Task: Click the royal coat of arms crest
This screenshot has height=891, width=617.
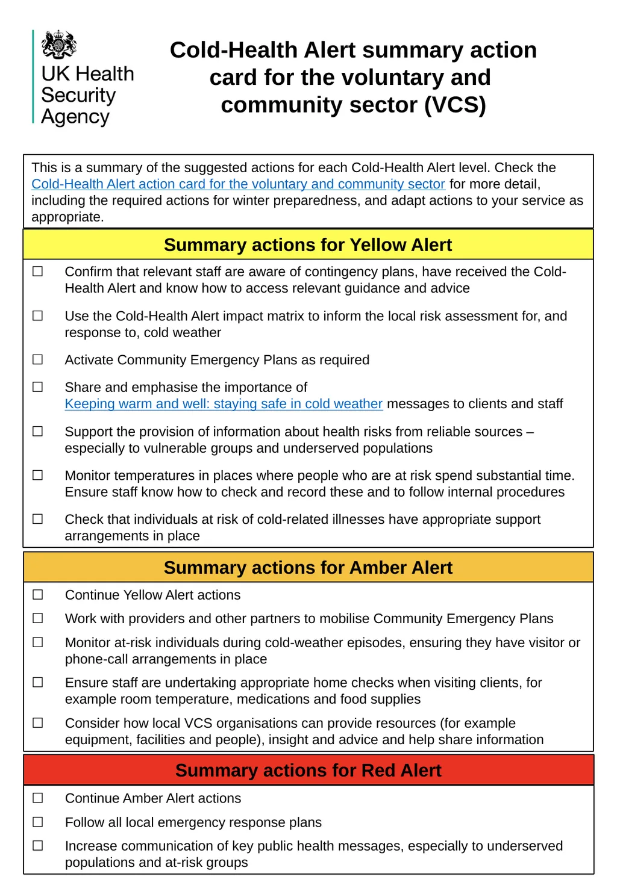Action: click(58, 45)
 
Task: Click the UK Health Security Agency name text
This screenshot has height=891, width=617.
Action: click(87, 95)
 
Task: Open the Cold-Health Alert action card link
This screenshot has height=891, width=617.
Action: click(238, 184)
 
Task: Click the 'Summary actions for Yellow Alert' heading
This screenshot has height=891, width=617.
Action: click(308, 245)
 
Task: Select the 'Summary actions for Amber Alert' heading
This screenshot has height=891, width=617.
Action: click(308, 568)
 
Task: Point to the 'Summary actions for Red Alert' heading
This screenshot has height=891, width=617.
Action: click(308, 771)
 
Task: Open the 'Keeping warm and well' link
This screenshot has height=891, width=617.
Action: click(224, 404)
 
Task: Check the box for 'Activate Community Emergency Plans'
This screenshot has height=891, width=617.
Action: click(38, 359)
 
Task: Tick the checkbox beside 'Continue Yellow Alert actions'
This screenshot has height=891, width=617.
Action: click(38, 595)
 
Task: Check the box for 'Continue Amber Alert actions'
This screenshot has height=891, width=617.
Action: click(38, 798)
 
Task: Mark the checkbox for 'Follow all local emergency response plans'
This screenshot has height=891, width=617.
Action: click(38, 822)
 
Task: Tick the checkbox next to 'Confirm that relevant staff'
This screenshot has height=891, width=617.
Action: click(38, 272)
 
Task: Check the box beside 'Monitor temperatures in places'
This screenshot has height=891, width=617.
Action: click(38, 475)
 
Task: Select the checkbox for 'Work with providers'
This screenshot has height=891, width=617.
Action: click(38, 618)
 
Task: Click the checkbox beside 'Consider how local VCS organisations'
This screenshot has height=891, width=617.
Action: click(38, 722)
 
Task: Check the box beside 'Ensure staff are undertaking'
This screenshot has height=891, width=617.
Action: click(38, 682)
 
